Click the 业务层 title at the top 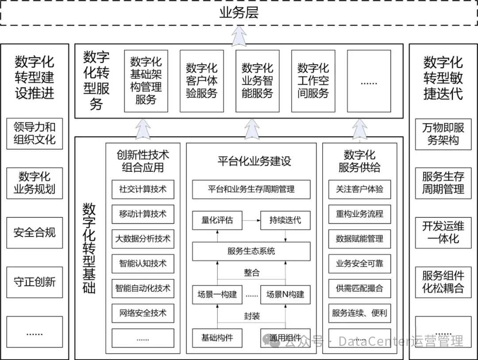239,13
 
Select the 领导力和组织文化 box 35,133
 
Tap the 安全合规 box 35,232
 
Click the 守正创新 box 35,282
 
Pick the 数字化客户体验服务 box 201,81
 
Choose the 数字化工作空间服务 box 313,81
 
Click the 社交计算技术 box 143,189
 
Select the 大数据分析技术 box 143,239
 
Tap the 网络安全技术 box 143,313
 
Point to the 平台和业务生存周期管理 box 251,189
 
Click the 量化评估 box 217,220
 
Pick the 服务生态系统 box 251,251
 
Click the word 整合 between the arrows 251,273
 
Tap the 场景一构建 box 217,294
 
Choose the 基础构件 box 217,338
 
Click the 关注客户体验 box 359,189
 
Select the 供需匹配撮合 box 359,288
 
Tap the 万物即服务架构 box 443,134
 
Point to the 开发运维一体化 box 443,232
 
